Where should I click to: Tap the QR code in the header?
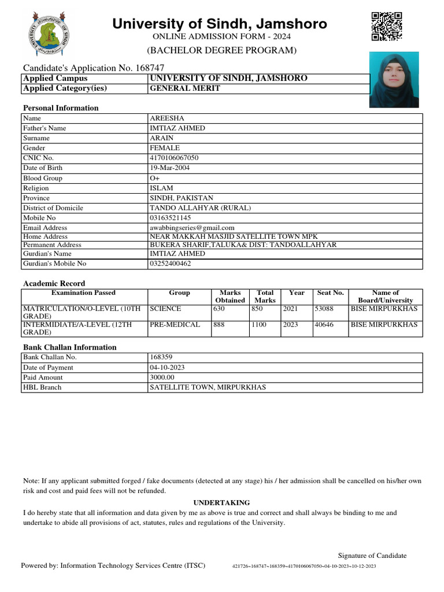(387, 26)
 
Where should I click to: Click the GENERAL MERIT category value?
(185, 89)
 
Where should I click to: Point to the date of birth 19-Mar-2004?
(169, 168)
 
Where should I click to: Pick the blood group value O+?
(154, 178)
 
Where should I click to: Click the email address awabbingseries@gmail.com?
(192, 228)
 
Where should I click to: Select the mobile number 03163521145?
(170, 218)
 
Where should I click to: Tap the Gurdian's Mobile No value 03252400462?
(170, 264)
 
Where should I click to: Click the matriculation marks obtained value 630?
(219, 309)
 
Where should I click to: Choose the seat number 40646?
(323, 324)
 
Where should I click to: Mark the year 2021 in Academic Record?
(290, 309)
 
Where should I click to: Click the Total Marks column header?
(265, 297)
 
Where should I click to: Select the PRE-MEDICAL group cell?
(175, 324)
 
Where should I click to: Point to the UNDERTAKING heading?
(221, 503)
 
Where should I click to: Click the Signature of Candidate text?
(372, 556)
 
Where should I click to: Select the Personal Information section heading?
(61, 108)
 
